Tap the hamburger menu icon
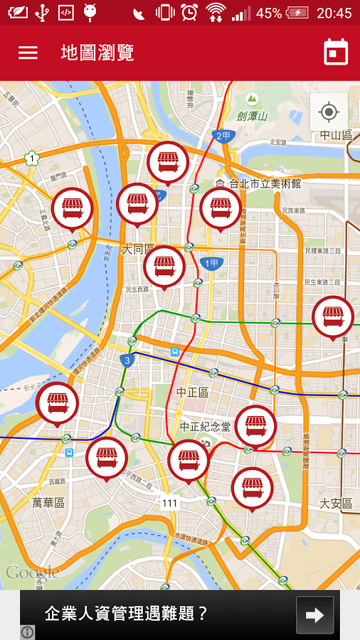28,53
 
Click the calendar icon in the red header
336,53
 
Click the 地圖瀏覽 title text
97,53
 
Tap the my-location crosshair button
329,112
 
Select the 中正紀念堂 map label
205,427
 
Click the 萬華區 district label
48,503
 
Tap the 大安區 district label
335,503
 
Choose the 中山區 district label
336,135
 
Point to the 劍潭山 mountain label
252,116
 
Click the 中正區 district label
192,393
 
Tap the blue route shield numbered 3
127,360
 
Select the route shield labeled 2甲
223,136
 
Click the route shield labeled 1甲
212,264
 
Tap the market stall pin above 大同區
137,204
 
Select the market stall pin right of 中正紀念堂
255,425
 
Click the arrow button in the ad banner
314,615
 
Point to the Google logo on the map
33,572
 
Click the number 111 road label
169,503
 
